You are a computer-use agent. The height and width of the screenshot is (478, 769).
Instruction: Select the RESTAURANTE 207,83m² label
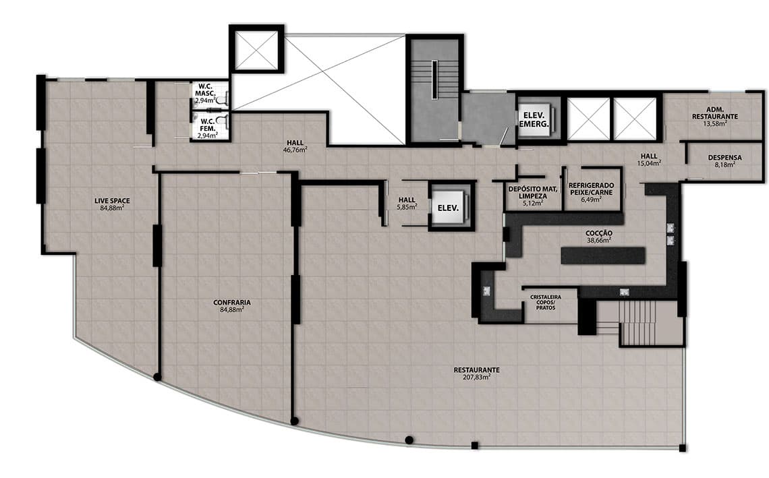(476, 373)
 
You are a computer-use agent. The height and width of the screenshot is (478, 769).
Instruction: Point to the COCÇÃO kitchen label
(599, 237)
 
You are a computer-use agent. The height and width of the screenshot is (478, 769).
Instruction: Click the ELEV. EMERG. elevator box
(534, 119)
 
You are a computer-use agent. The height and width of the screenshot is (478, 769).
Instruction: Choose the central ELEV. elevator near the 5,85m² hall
(448, 208)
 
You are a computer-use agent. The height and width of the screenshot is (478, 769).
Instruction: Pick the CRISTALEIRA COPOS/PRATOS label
(545, 303)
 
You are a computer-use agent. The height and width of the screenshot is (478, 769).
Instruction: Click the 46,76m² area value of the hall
(295, 150)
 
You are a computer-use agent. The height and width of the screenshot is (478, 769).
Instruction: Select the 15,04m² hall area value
(649, 163)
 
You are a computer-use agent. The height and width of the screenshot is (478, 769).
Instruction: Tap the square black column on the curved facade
(474, 446)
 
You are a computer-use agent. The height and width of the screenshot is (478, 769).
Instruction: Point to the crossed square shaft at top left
(257, 49)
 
